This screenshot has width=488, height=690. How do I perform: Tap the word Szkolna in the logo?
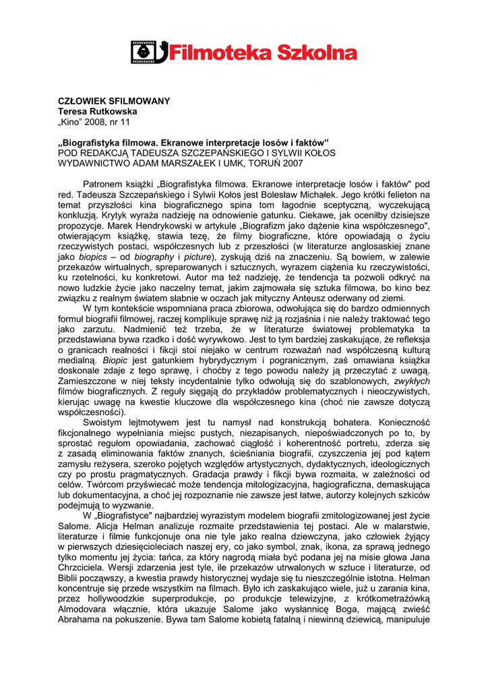[x=318, y=52]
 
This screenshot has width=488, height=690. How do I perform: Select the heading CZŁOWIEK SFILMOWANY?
[x=113, y=101]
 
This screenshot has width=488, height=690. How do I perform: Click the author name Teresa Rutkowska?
[x=97, y=111]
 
